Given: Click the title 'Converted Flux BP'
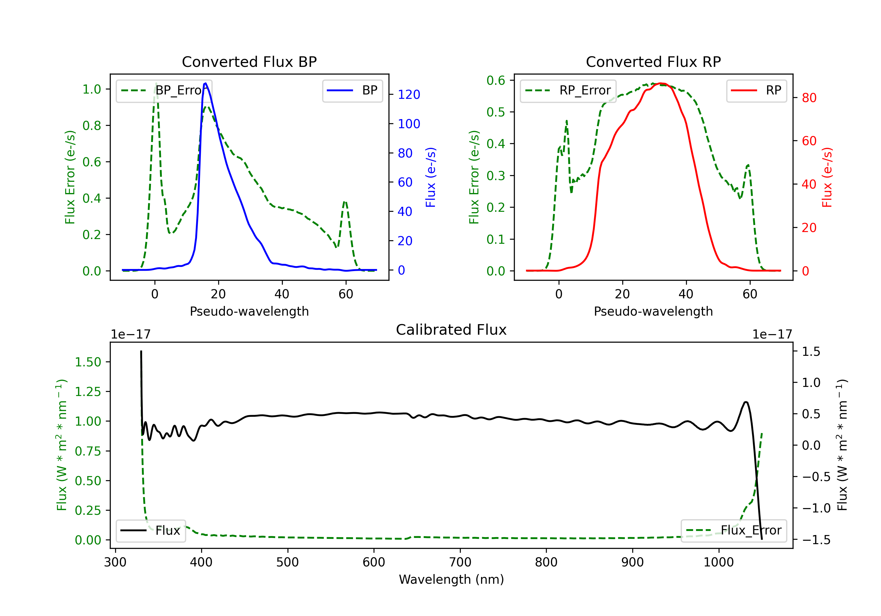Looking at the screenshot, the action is click(x=249, y=62).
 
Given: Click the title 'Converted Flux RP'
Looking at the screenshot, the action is click(x=653, y=62).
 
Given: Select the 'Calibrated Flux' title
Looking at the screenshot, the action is click(x=451, y=330).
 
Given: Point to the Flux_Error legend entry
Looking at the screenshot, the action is click(x=734, y=531).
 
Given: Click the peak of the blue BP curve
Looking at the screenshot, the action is click(x=206, y=83).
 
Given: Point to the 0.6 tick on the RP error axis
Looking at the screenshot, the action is click(x=496, y=80).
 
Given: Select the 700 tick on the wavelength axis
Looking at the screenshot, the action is click(x=460, y=562).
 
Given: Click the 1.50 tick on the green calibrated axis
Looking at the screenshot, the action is click(x=88, y=362).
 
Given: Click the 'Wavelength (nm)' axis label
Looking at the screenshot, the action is click(x=451, y=580).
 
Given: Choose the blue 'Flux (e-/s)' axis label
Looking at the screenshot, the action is click(x=431, y=177).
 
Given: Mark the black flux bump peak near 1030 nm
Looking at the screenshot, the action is click(x=746, y=402).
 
